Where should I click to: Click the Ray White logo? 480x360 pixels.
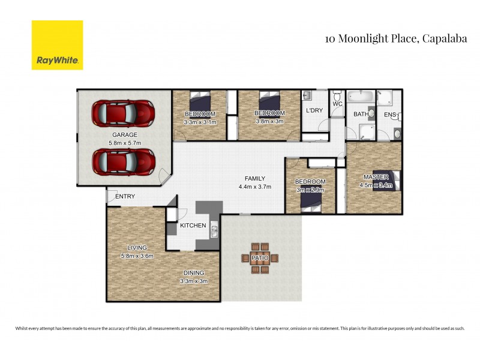(57, 45)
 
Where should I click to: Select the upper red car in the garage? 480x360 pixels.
(123, 112)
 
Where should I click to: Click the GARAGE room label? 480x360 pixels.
(125, 134)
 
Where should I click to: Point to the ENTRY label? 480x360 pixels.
(125, 196)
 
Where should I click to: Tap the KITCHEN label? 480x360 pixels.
(194, 226)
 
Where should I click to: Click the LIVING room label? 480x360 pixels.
(137, 247)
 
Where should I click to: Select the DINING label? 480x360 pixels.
(194, 272)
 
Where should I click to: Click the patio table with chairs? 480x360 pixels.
(260, 258)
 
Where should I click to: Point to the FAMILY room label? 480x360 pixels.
(254, 178)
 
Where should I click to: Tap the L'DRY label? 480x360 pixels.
(314, 111)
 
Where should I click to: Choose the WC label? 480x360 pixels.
(337, 104)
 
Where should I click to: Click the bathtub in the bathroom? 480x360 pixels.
(361, 96)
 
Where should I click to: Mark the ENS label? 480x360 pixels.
(390, 114)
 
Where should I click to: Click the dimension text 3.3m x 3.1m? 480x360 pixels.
(200, 122)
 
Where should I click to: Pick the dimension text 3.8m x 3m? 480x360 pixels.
(269, 121)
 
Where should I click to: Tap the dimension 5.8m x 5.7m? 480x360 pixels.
(125, 143)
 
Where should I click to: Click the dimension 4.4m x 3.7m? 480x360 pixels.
(254, 187)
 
